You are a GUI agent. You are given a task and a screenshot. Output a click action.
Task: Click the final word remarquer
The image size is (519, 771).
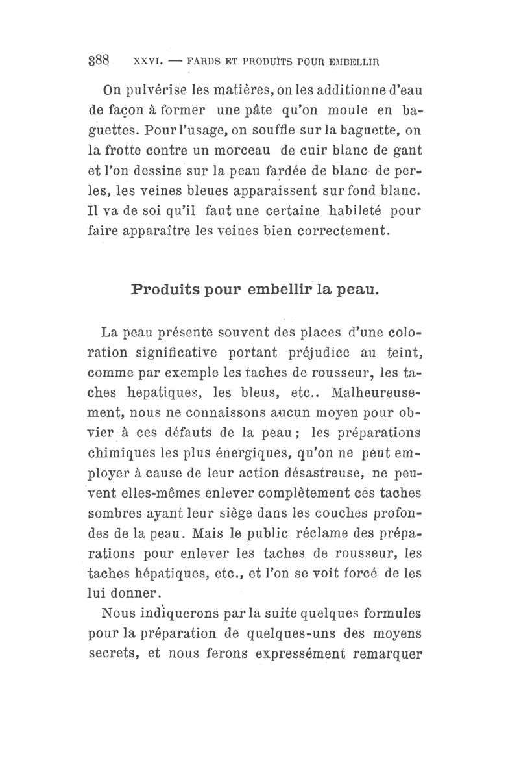pos(387,653)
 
